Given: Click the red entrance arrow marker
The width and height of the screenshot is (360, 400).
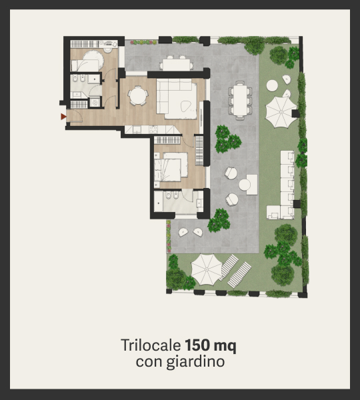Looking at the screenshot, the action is pyautogui.click(x=63, y=117).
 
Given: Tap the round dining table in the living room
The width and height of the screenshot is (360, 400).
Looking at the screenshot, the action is pyautogui.click(x=138, y=95).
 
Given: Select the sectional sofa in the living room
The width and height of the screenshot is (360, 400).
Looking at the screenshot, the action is pyautogui.click(x=177, y=99).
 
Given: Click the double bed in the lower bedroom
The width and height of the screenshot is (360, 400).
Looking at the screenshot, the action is pyautogui.click(x=171, y=167).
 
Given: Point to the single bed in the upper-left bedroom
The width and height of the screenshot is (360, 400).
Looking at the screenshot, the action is pyautogui.click(x=85, y=65).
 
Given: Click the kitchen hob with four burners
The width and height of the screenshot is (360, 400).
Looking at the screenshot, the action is pyautogui.click(x=153, y=129).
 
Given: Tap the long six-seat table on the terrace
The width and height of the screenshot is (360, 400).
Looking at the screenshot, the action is pyautogui.click(x=240, y=100).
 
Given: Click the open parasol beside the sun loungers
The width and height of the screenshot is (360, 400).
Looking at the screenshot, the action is pyautogui.click(x=207, y=269).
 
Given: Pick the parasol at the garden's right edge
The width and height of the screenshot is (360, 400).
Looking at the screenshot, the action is pyautogui.click(x=281, y=112).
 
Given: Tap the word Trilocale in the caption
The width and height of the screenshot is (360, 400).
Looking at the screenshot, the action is pyautogui.click(x=151, y=345).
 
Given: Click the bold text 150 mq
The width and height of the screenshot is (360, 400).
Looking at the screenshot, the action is pyautogui.click(x=211, y=345).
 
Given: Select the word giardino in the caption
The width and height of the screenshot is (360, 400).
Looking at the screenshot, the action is pyautogui.click(x=195, y=362).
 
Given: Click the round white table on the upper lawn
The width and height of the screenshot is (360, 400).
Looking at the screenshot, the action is pyautogui.click(x=272, y=85).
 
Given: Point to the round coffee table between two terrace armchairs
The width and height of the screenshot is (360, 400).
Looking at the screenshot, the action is pyautogui.click(x=245, y=185).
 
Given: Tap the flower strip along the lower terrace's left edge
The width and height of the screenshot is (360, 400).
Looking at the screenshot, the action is pyautogui.click(x=169, y=236).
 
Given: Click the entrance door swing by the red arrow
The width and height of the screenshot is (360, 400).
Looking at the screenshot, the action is pyautogui.click(x=76, y=116).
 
